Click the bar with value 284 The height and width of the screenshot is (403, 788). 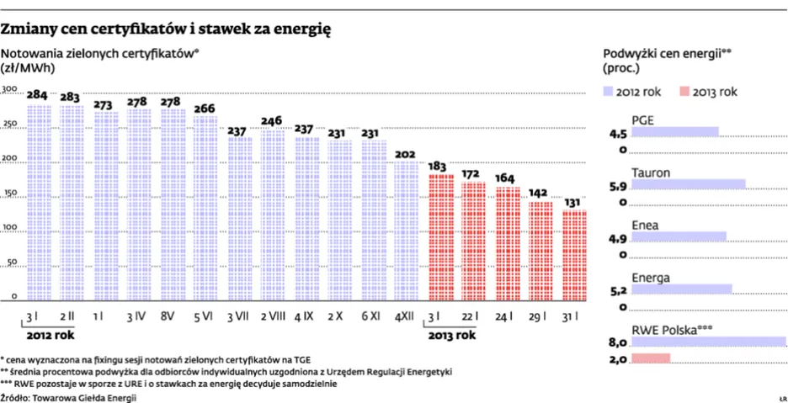click(39, 203)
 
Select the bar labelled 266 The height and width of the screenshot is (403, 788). click(205, 209)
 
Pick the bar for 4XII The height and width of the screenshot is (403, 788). click(406, 232)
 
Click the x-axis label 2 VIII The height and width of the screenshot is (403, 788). click(272, 316)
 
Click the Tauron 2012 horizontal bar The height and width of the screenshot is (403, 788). click(688, 184)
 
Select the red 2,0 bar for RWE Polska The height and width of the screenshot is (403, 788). click(650, 358)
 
